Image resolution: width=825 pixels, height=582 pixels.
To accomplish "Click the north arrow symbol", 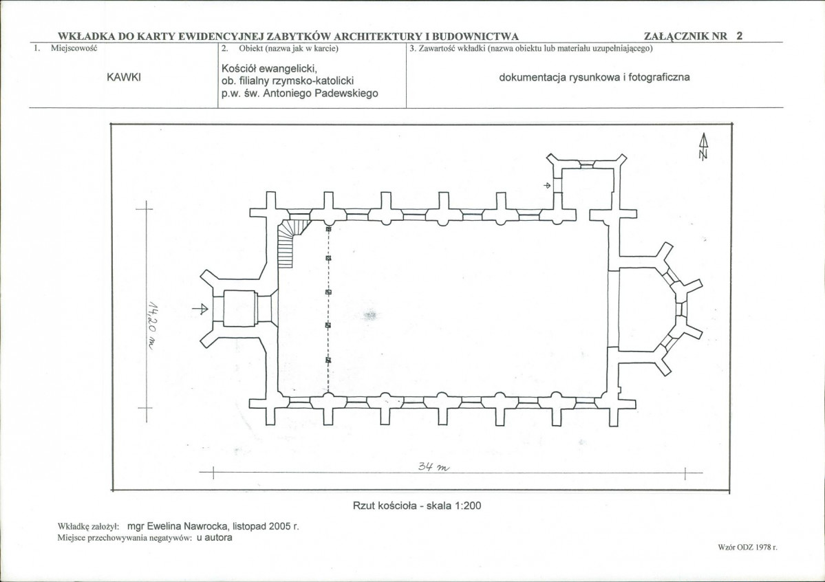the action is coord(703,146).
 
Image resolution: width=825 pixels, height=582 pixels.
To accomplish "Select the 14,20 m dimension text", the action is coord(152,326).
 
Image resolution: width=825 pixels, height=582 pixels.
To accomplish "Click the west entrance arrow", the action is coord(200,309).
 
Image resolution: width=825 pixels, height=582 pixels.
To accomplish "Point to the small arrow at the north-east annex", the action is coord(547,185).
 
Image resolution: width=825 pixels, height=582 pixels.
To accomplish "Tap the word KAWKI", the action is coord(124,77).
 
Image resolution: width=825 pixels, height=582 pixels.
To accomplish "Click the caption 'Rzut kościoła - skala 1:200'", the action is coord(417,506).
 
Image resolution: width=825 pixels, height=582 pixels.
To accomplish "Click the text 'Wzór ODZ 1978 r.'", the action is coord(748,548).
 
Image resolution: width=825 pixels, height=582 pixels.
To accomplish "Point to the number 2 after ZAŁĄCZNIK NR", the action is coord(739,36).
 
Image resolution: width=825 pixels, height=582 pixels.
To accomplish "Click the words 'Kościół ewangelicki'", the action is coord(268,68).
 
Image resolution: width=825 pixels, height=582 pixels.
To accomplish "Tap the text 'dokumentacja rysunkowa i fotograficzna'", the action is coord(594,77).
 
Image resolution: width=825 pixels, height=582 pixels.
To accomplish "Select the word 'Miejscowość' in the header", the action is coord(74,48).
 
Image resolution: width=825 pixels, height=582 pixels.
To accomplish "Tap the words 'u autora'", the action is coord(214,537).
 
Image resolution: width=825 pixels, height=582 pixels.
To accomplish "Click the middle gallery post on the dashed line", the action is coord(328,292).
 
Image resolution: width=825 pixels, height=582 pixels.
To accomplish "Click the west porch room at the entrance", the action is coord(240,309).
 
